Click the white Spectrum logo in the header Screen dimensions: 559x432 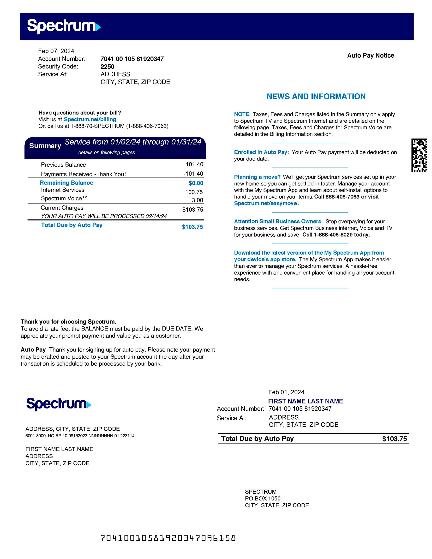point(64,26)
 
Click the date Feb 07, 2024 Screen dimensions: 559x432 point(56,51)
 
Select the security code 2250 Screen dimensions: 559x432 point(107,66)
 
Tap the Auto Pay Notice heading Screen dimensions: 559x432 point(370,55)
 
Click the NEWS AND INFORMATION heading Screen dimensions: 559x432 point(316,96)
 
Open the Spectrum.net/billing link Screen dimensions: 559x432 point(90,119)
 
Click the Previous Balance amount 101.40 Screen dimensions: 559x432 point(194,164)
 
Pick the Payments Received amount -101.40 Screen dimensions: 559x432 point(193,174)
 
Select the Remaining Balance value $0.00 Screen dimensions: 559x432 point(196,183)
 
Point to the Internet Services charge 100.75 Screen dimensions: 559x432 point(194,192)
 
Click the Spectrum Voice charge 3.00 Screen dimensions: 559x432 point(197,200)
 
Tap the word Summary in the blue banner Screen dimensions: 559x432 point(45,146)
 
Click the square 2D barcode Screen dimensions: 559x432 point(419,155)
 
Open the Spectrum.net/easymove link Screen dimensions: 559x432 point(265,204)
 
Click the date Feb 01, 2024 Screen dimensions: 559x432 point(286,392)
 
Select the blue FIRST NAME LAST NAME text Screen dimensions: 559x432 point(305,401)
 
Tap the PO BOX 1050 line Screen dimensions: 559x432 point(263,498)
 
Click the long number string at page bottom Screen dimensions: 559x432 point(168,538)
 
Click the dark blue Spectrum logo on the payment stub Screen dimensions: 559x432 point(59,404)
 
